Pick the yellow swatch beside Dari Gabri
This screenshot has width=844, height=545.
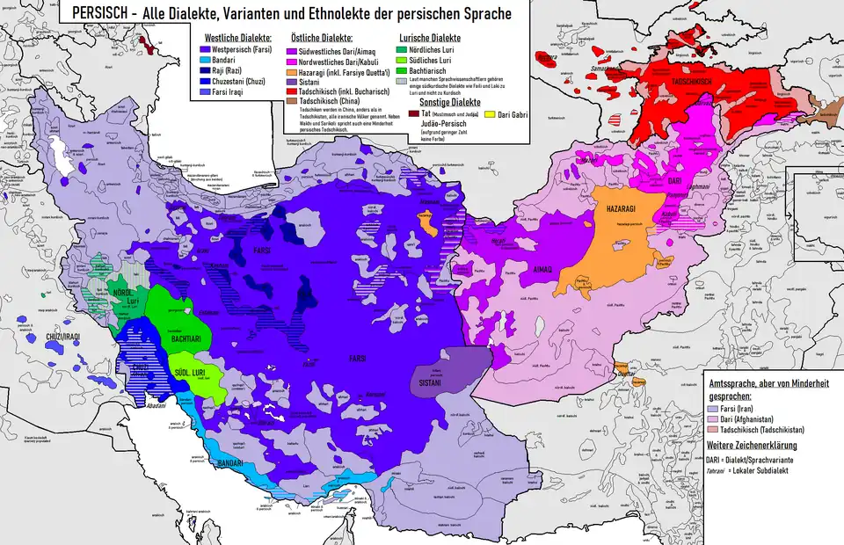click(x=491, y=115)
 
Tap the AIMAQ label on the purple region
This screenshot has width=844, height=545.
click(x=539, y=272)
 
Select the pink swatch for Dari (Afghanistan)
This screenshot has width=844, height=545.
click(x=714, y=418)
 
